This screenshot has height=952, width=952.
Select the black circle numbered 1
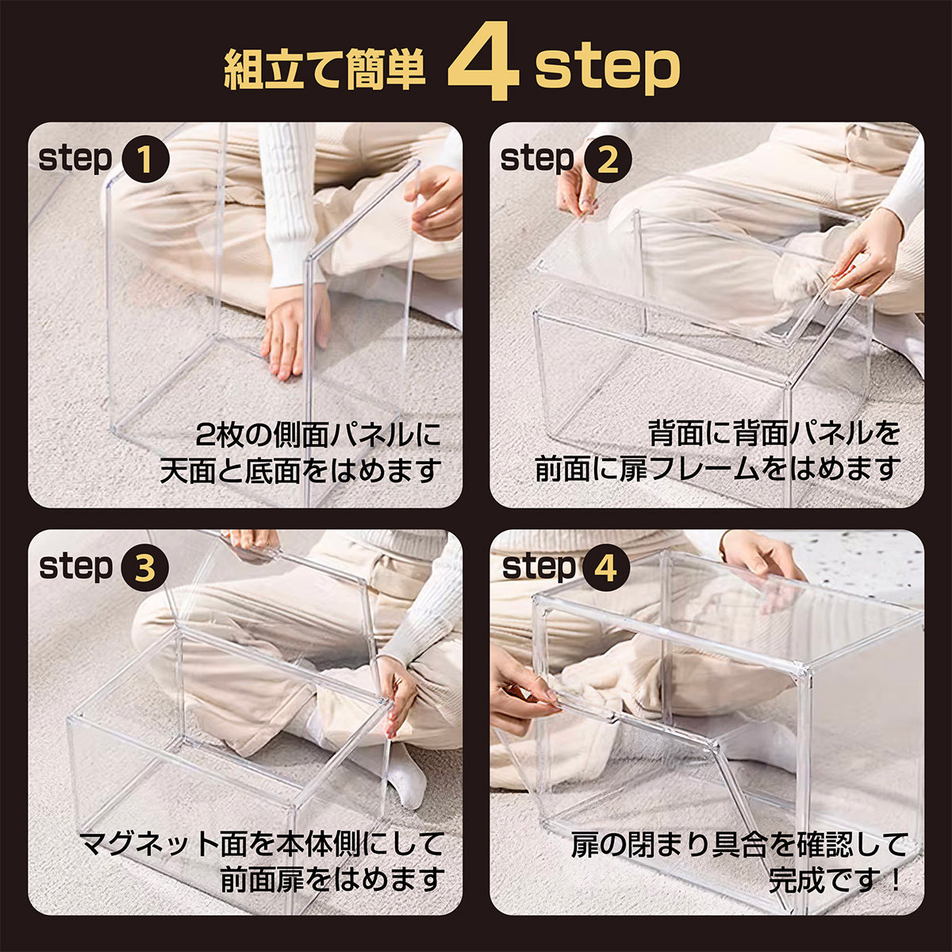(x=145, y=159)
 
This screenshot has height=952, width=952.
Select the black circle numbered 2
(x=608, y=159)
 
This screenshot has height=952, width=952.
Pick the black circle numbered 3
(x=145, y=568)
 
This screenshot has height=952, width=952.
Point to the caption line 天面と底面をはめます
(x=300, y=470)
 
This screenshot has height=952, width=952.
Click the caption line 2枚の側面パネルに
(x=317, y=436)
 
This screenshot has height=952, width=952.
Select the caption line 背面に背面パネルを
(x=774, y=433)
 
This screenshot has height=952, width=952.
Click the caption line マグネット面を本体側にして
(x=261, y=843)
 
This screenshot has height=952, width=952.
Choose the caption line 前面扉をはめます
(x=332, y=879)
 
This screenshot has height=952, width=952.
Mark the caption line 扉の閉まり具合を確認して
(x=737, y=843)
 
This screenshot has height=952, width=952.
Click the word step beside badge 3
(x=76, y=569)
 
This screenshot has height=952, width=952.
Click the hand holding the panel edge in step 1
(x=435, y=203)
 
